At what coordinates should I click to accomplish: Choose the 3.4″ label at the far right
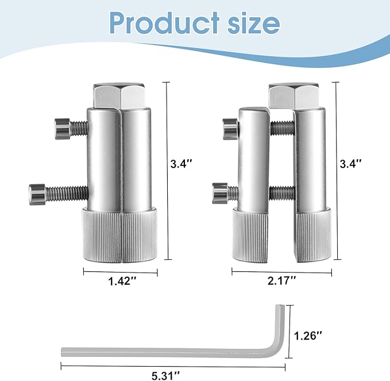click(350, 163)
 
